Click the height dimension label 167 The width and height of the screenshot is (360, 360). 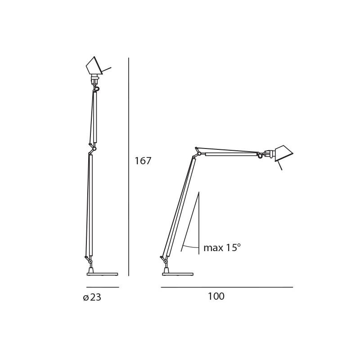tap(143, 161)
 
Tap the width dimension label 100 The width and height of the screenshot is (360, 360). tap(216, 297)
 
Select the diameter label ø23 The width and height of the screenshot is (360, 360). tap(92, 297)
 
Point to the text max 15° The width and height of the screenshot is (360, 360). tap(222, 248)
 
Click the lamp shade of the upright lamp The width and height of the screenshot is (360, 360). tap(94, 66)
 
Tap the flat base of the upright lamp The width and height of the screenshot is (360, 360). tap(102, 274)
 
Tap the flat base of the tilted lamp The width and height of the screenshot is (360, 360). tap(178, 274)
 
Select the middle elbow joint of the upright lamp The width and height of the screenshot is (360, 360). tap(94, 148)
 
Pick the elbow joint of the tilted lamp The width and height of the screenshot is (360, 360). tap(198, 153)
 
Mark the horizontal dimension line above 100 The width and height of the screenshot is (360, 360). tap(227, 287)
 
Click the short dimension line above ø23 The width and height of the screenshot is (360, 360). tap(103, 287)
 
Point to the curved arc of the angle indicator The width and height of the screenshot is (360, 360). tap(191, 247)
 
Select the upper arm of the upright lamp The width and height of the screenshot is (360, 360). tap(95, 117)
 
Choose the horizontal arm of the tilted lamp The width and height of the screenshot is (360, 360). tap(230, 154)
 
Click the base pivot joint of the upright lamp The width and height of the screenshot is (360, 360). tap(90, 261)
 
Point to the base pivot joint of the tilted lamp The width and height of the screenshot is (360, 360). tap(166, 261)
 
